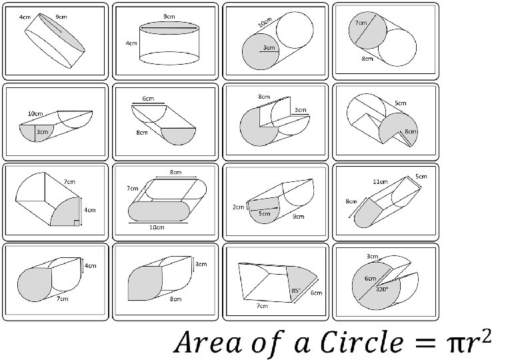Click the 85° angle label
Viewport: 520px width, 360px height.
point(295,291)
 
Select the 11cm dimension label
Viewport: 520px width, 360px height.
point(381,181)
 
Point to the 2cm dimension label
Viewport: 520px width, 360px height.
point(239,207)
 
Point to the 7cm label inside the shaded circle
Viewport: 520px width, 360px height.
point(360,23)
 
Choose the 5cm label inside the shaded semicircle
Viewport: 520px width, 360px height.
point(264,213)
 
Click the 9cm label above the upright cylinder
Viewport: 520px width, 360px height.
point(169,17)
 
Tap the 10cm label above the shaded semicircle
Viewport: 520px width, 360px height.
point(35,114)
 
